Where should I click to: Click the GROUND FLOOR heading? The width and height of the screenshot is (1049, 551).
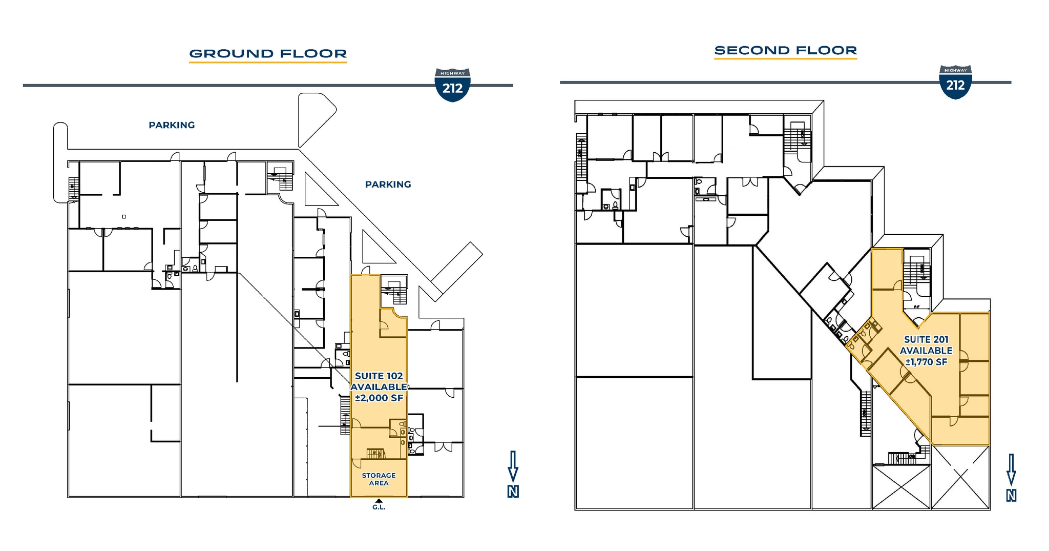(x=268, y=53)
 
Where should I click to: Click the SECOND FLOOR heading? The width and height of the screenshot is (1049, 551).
(x=785, y=50)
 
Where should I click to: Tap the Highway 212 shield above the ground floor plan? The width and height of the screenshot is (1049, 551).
(x=452, y=85)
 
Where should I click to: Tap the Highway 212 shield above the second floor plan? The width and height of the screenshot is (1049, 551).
(x=955, y=82)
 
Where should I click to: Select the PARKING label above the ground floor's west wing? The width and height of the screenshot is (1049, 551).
(x=172, y=125)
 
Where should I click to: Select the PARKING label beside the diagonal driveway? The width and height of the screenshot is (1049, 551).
(x=388, y=185)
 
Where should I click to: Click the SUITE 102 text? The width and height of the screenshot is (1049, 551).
(x=379, y=376)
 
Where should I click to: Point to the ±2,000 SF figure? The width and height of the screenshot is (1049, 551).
(x=379, y=398)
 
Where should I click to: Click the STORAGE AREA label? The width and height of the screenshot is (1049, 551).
(x=379, y=479)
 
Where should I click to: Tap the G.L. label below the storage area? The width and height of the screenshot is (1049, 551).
(x=379, y=507)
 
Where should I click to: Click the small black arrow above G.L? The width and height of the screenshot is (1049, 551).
(x=379, y=501)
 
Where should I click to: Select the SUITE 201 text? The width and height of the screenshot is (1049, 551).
(x=926, y=339)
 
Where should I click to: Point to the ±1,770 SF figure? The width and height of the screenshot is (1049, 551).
(x=926, y=362)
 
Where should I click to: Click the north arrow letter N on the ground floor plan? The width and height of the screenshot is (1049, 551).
(x=513, y=492)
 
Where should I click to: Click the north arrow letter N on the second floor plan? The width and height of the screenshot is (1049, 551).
(x=1011, y=496)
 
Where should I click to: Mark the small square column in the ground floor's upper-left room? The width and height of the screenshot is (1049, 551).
(x=124, y=217)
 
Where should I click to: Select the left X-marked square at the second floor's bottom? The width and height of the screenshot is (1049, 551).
(x=901, y=487)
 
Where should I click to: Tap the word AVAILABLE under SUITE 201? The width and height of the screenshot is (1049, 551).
(x=926, y=351)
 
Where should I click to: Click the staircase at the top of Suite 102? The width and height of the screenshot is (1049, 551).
(x=394, y=292)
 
